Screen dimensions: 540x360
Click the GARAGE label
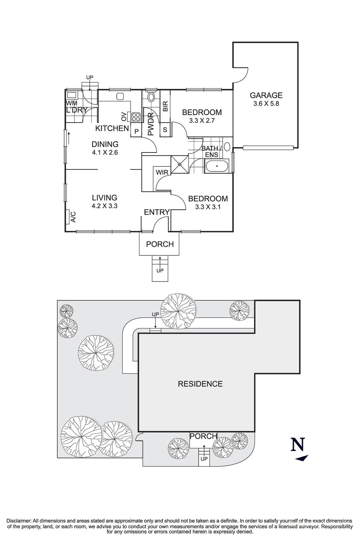(266, 96)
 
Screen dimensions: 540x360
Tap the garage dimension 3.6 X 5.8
(266, 104)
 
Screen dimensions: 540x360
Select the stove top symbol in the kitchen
(136, 117)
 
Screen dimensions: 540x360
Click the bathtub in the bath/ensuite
(217, 167)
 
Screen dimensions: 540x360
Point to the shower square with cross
(180, 165)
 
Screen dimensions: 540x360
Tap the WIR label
(162, 172)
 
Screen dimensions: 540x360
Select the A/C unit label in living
(73, 217)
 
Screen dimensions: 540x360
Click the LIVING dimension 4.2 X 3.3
(105, 206)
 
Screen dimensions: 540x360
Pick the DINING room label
(105, 144)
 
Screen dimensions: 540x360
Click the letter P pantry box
(137, 132)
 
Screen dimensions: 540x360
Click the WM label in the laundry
(71, 103)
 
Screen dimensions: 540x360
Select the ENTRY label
(157, 212)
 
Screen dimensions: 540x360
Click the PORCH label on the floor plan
(160, 244)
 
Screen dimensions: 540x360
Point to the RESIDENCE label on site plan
(200, 384)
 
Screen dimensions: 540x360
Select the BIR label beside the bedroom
(165, 107)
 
